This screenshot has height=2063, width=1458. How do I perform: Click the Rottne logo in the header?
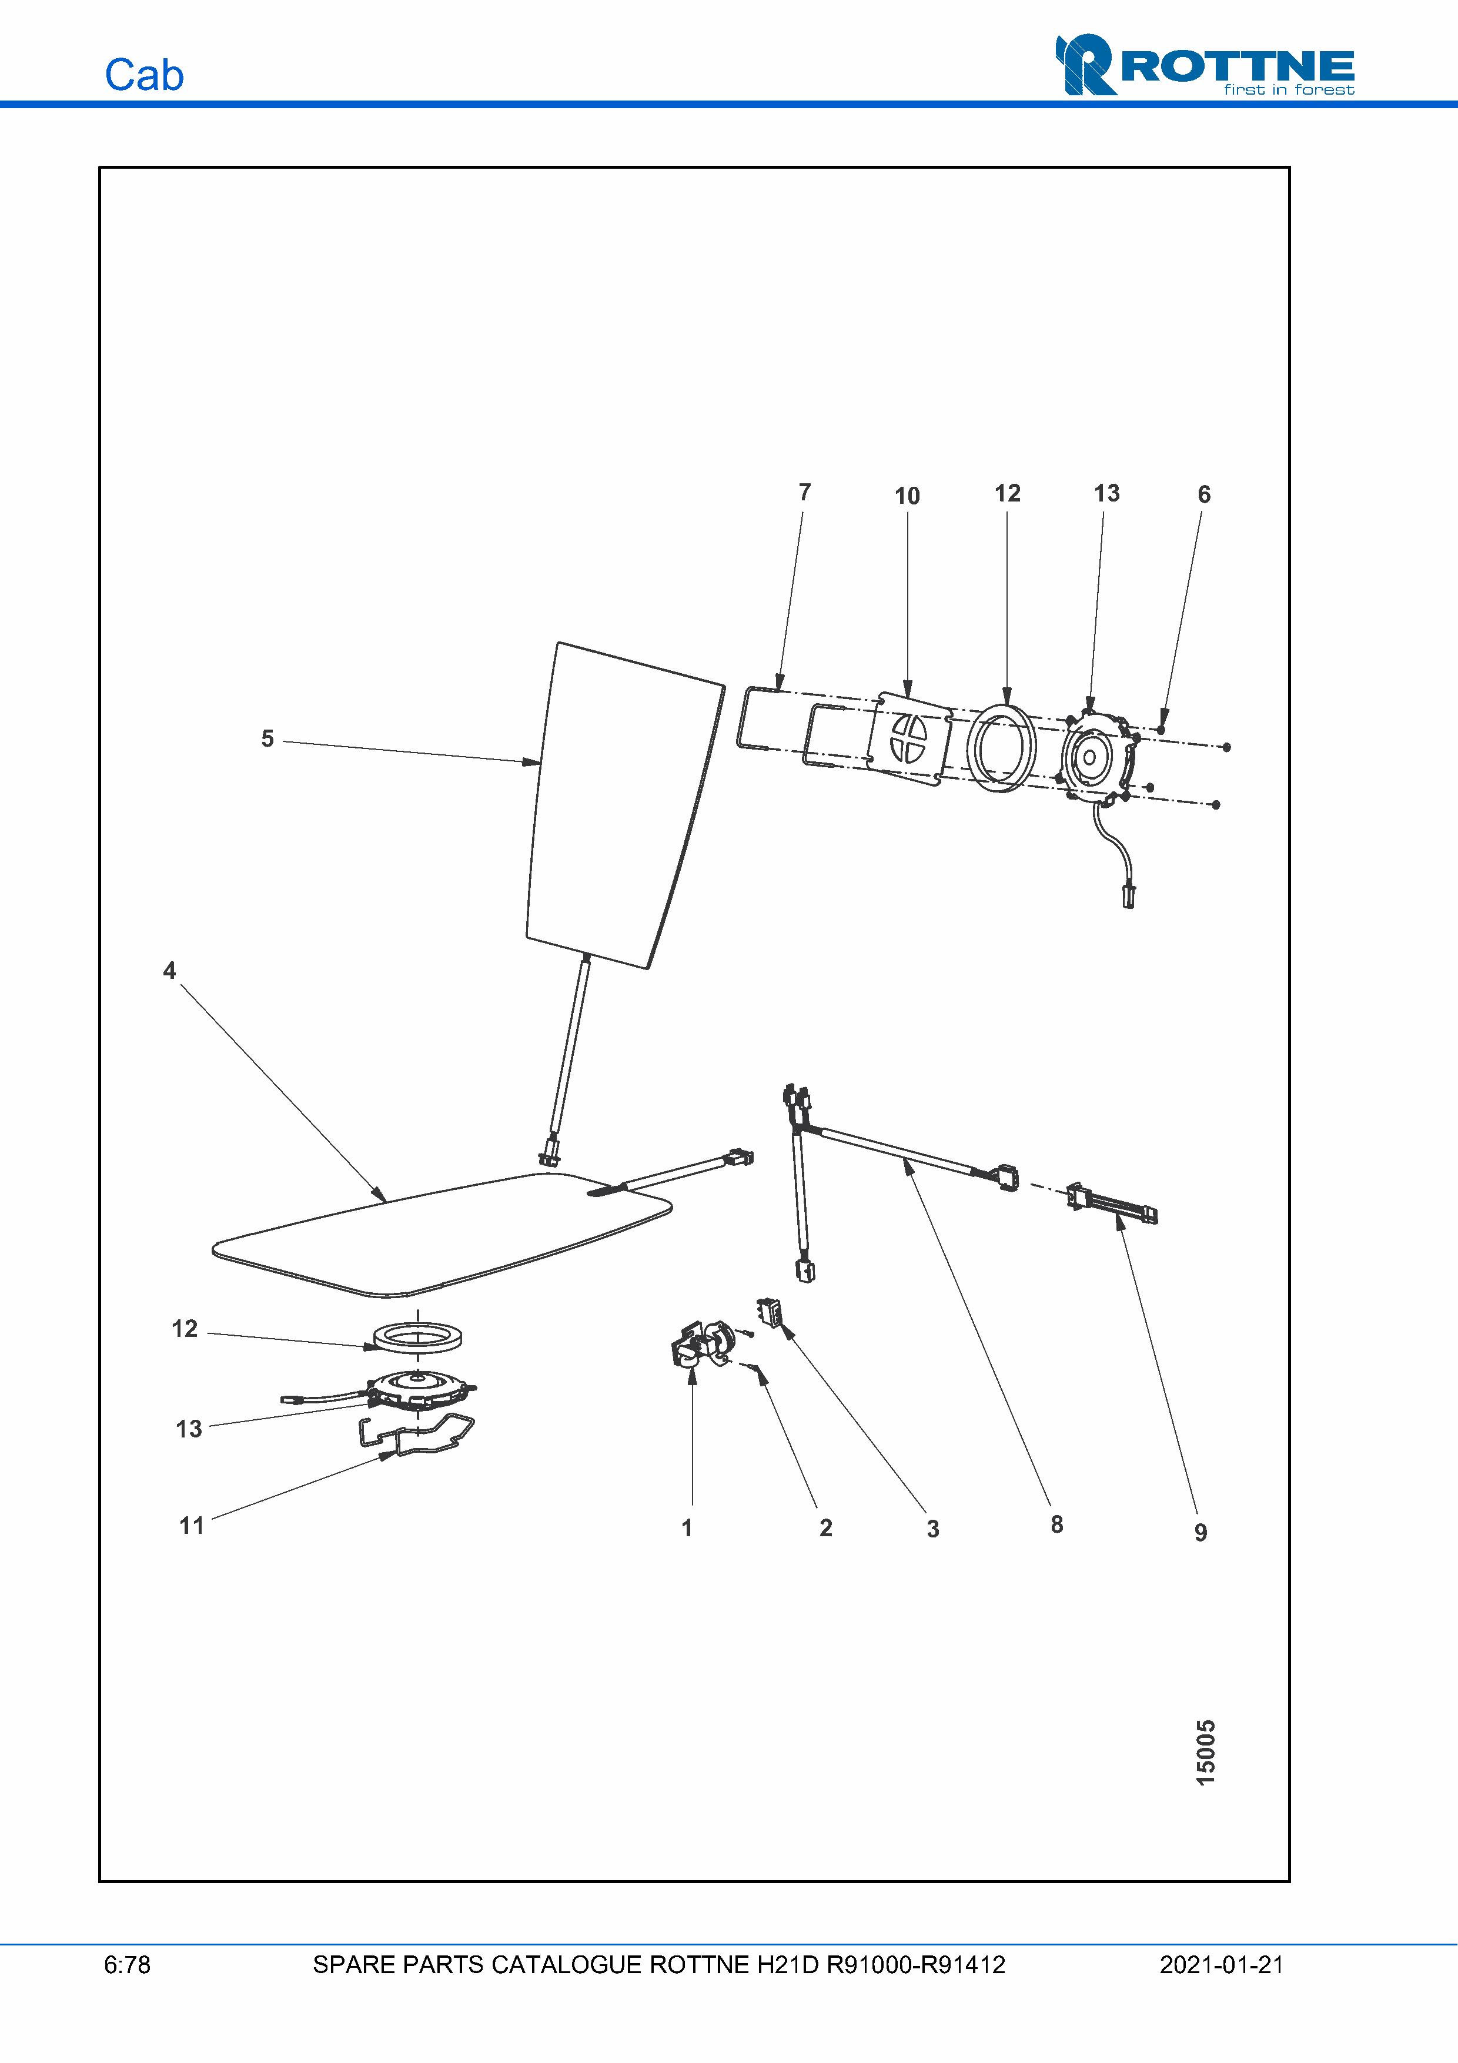point(1204,65)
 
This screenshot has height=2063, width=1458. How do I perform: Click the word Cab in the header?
point(143,75)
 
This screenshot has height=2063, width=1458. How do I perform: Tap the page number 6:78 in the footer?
point(126,1964)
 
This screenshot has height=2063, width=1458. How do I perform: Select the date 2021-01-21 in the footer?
point(1221,1964)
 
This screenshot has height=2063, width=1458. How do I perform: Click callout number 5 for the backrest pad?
point(267,738)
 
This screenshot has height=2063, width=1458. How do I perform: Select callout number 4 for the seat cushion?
point(169,971)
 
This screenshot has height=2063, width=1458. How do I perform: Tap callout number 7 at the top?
point(804,493)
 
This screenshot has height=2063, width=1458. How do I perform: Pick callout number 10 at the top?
point(907,496)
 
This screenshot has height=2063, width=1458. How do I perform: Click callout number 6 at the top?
point(1204,494)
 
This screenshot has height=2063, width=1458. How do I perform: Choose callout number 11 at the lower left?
point(191,1526)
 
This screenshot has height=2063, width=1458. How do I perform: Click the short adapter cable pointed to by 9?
point(1114,1205)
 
